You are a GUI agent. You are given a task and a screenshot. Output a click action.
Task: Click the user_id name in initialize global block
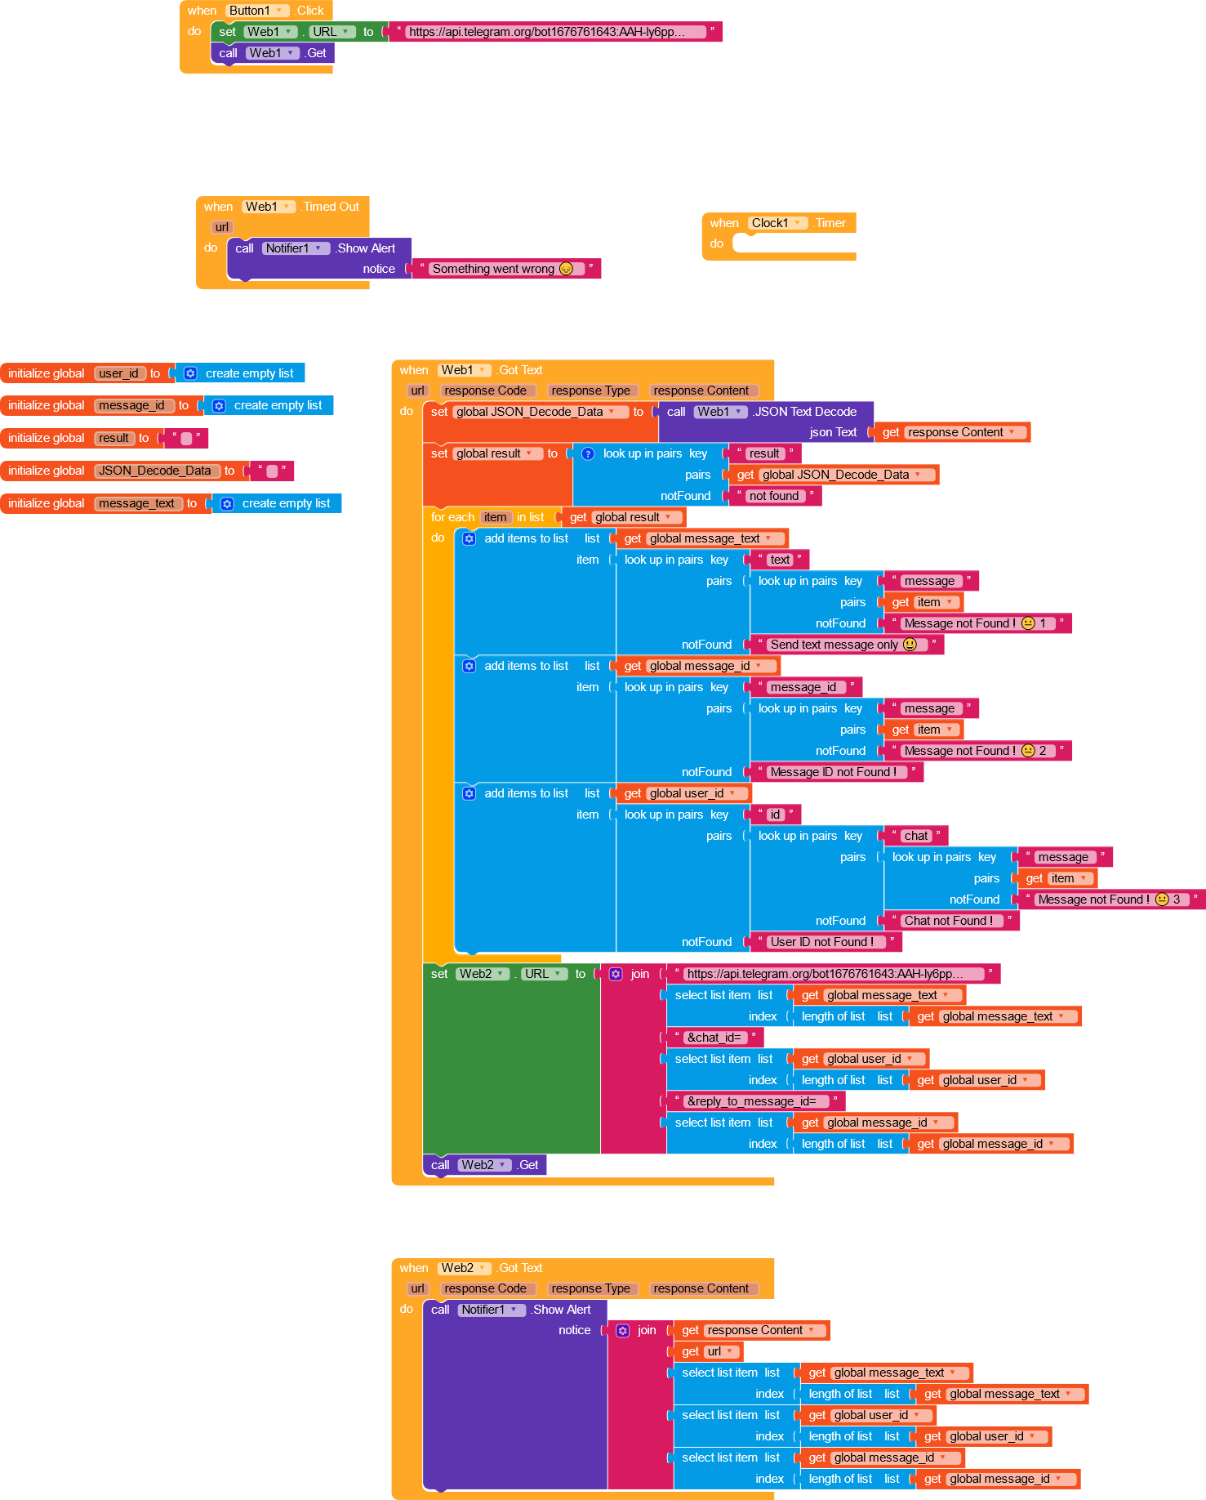tap(119, 373)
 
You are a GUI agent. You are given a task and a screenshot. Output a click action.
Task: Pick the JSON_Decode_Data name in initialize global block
tap(155, 471)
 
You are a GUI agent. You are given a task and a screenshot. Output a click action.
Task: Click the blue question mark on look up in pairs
tap(588, 453)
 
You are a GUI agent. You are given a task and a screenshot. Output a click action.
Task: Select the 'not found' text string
tap(774, 496)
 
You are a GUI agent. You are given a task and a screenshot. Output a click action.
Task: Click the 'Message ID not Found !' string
tap(834, 772)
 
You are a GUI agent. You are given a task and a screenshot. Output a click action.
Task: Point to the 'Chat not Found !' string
tap(948, 921)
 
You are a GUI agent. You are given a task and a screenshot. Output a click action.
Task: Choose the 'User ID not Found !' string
tap(821, 942)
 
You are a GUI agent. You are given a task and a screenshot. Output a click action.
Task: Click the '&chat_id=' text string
tap(714, 1038)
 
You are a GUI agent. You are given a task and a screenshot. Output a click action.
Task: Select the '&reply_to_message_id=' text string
tap(751, 1101)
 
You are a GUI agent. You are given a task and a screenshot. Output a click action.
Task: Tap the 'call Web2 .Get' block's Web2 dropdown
tap(484, 1165)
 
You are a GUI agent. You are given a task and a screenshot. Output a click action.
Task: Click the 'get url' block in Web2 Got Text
tap(707, 1351)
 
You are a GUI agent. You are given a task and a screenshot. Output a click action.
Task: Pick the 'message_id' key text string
tap(803, 687)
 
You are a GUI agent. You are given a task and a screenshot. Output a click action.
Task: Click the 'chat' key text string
tap(915, 836)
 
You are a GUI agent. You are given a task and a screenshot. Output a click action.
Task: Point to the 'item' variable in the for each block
tap(495, 517)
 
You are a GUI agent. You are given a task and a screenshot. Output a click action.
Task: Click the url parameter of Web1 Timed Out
tap(222, 227)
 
